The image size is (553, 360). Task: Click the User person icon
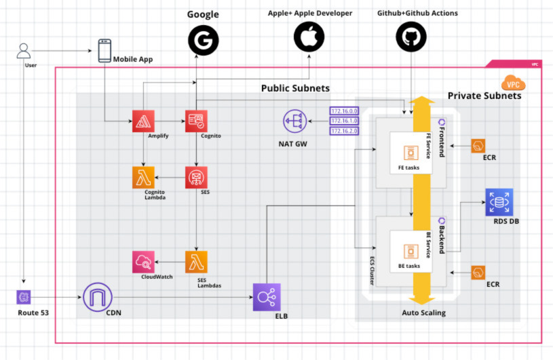click(x=24, y=51)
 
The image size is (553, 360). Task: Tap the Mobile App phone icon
click(x=104, y=51)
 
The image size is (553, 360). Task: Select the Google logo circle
click(x=204, y=38)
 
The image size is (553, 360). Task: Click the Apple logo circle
click(x=309, y=37)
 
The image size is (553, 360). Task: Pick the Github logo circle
click(x=412, y=37)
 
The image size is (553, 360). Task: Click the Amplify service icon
click(x=143, y=121)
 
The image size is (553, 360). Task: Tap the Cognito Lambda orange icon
click(x=143, y=177)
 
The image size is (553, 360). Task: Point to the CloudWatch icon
click(x=143, y=262)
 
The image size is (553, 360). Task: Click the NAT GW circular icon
click(x=294, y=122)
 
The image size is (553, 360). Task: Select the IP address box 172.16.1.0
click(x=343, y=121)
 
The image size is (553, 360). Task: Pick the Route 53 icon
click(x=24, y=297)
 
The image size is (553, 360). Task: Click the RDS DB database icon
click(x=499, y=202)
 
